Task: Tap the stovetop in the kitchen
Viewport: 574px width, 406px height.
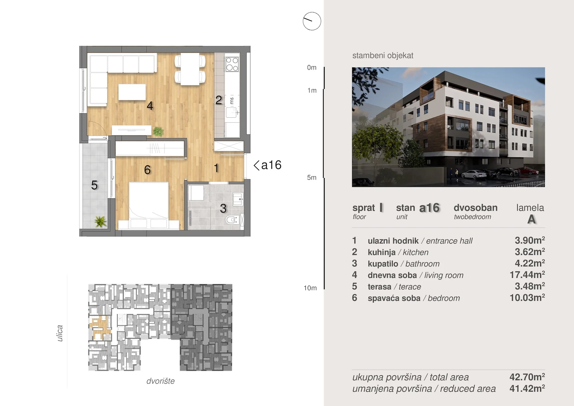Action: tap(232, 64)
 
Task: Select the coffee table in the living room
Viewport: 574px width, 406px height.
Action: tap(132, 92)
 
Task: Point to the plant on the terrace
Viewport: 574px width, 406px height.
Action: tap(100, 221)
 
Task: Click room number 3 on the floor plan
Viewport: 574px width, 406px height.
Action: tap(223, 209)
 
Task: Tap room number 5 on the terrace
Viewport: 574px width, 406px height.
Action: tap(94, 185)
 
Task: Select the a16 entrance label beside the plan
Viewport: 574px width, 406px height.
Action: tap(268, 165)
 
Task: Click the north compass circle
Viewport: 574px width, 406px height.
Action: tap(312, 21)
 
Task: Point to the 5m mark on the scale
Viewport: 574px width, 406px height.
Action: tap(312, 178)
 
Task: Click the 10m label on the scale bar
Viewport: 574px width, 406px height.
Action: tap(310, 288)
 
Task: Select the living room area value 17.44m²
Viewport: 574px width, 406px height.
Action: tap(527, 275)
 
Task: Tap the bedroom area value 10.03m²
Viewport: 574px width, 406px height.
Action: tap(527, 298)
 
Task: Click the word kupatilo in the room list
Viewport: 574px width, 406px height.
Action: tap(383, 264)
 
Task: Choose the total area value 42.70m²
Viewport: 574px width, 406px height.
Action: tap(527, 377)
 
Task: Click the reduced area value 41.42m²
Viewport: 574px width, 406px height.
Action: tap(527, 388)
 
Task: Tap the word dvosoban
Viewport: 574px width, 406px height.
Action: tap(475, 208)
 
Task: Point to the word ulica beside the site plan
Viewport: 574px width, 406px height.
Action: tap(60, 333)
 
